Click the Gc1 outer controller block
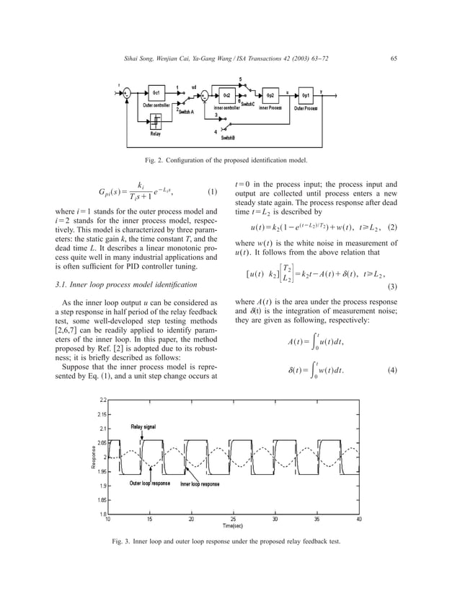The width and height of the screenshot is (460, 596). pos(156,95)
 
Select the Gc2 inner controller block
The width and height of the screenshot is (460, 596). pos(226,95)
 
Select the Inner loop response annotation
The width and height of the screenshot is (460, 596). pos(200,483)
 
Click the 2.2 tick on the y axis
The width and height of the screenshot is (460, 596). pos(102,400)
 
